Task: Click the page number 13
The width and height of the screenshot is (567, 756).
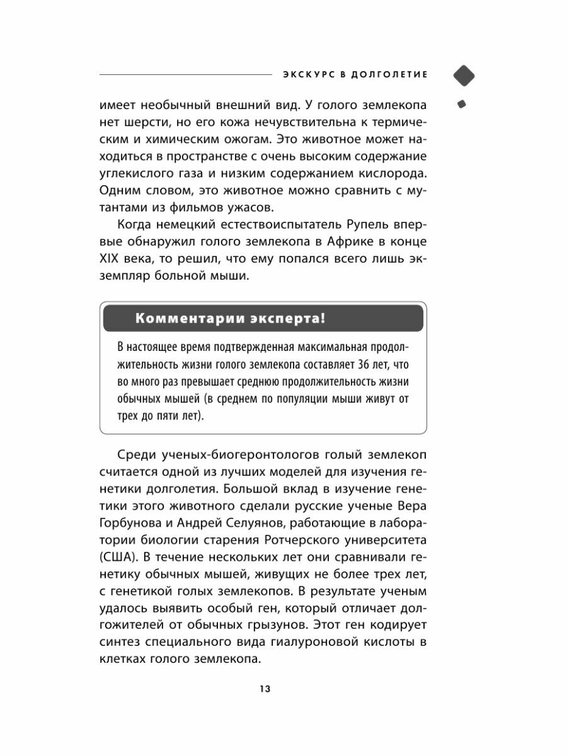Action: point(264,689)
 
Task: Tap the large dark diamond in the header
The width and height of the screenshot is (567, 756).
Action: point(464,75)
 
